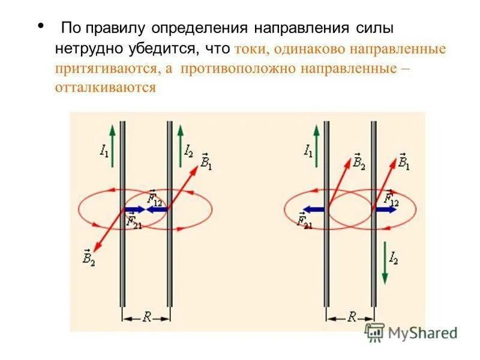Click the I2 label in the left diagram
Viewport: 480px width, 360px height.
[189, 149]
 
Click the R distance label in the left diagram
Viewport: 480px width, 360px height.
[146, 317]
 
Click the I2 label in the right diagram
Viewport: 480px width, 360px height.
[394, 259]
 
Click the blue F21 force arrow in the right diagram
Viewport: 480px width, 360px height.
[313, 209]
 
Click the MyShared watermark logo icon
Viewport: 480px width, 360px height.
[375, 332]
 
